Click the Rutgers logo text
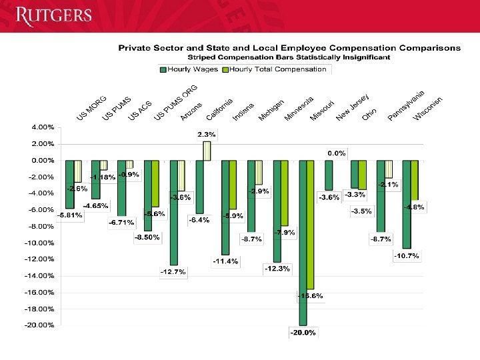tap(53, 15)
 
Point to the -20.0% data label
tap(302, 333)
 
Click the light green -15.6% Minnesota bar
tap(311, 225)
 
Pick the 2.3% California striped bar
tap(207, 151)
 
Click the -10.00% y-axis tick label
tap(42, 243)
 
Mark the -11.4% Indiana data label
tap(225, 261)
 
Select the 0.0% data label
tap(336, 153)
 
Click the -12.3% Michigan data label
tap(277, 269)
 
